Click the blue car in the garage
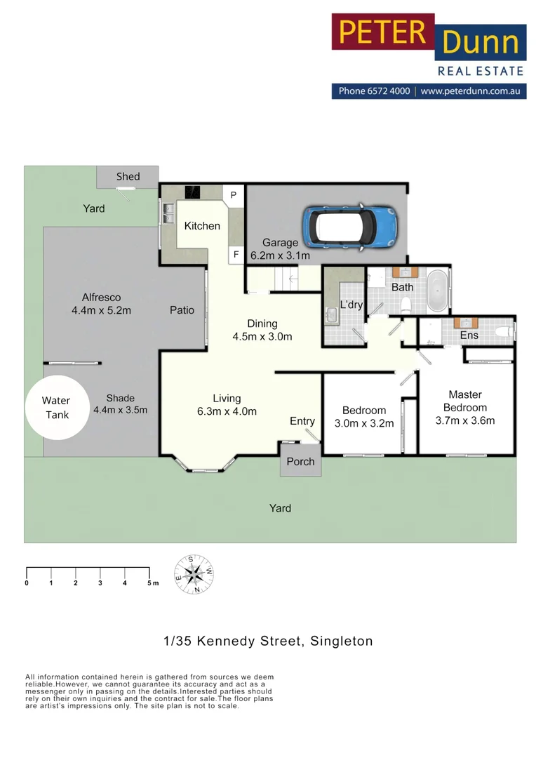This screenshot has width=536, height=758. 350,226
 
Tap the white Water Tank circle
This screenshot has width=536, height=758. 56,408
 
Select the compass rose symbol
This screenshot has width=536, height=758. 194,573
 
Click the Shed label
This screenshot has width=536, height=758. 128,176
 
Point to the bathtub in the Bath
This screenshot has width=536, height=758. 438,290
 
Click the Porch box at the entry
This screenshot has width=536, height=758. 300,462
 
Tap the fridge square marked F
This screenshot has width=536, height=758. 236,254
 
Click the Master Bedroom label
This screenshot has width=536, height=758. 465,401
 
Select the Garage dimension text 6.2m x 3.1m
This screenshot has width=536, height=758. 280,256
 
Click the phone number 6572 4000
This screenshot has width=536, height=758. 384,91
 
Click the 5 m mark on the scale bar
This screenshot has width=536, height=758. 151,583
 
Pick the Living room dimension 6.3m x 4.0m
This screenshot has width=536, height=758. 227,411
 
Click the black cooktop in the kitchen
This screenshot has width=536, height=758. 192,192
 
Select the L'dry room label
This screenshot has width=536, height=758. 351,305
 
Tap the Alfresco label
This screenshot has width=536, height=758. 101,298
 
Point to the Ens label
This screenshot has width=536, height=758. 469,335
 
